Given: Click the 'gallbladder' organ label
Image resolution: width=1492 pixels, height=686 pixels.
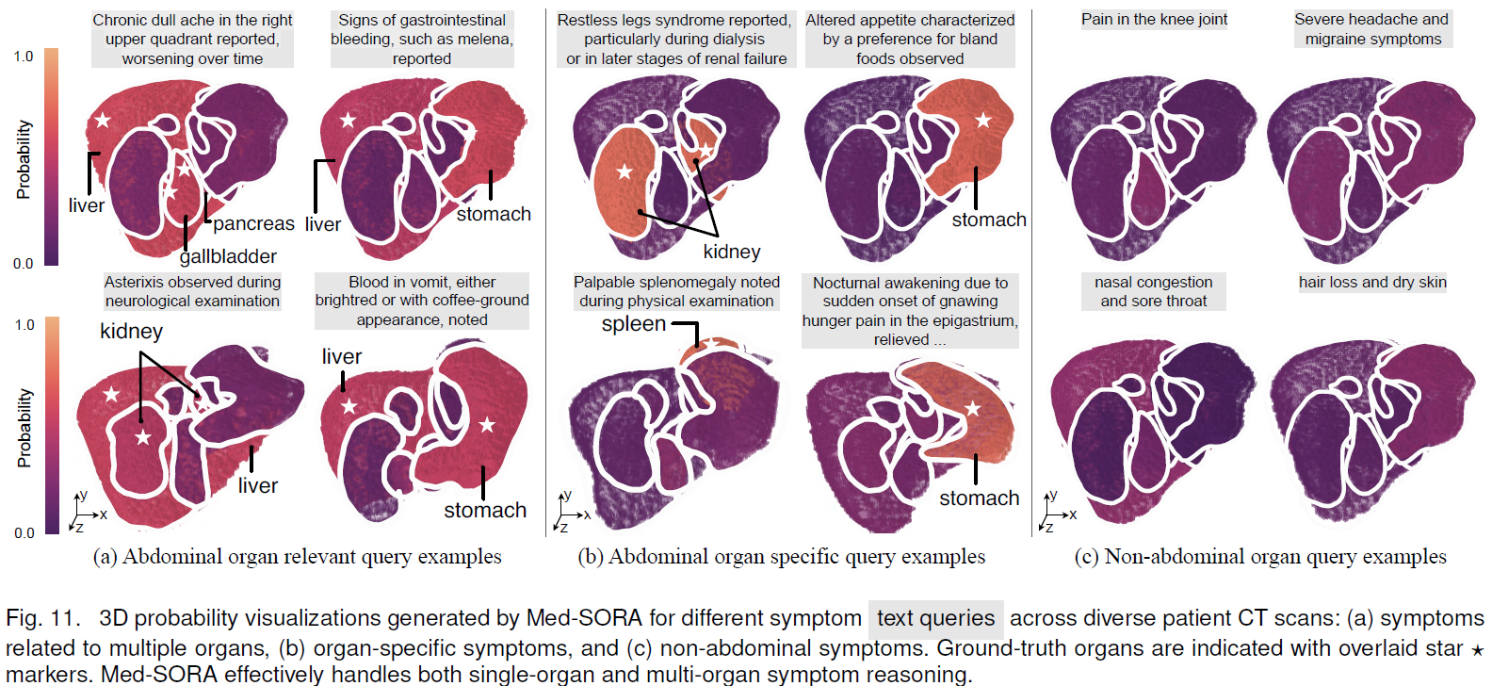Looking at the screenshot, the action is pos(228,256).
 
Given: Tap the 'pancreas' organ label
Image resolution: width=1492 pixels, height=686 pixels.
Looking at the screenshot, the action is pos(253,223).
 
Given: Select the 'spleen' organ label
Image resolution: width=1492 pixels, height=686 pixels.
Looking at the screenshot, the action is pos(633,324).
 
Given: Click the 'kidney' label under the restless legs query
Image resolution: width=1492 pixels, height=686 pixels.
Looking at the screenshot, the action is pos(731,252).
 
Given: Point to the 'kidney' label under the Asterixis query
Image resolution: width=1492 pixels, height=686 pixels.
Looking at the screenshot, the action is pos(131,332).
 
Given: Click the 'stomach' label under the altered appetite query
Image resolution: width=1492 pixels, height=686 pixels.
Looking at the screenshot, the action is pos(989,220).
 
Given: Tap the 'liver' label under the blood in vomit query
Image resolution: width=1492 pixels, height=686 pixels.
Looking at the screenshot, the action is pos(342,357).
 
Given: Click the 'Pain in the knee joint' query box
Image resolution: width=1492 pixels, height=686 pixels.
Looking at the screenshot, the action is pos(1154,20).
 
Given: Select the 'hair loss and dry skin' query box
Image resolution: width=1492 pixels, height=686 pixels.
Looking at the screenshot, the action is pos(1372,282).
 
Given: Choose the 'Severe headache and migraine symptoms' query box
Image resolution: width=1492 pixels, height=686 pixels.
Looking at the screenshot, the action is pos(1372,29).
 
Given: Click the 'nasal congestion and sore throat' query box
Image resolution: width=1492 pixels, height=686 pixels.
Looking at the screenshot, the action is pos(1154,291).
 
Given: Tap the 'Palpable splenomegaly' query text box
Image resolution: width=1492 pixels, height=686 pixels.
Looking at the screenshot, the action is pos(676,291).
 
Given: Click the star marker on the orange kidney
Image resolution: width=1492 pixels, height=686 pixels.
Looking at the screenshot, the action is pos(624,172).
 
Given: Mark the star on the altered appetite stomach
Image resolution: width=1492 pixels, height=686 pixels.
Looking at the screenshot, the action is pos(983,121).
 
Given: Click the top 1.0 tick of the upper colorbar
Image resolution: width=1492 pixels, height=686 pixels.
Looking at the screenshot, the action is pos(24,57).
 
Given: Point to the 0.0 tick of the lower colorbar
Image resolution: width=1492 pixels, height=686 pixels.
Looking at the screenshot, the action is pos(24,533).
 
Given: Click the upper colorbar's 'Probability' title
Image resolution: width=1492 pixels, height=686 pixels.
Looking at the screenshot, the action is pos(24,160).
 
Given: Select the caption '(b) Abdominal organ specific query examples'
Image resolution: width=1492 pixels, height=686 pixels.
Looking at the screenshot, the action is pos(781,557).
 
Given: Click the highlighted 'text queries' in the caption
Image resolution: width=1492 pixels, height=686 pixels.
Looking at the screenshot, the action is pos(936,618).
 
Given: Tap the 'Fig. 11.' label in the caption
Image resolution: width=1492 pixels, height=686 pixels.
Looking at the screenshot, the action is pos(42,619).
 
